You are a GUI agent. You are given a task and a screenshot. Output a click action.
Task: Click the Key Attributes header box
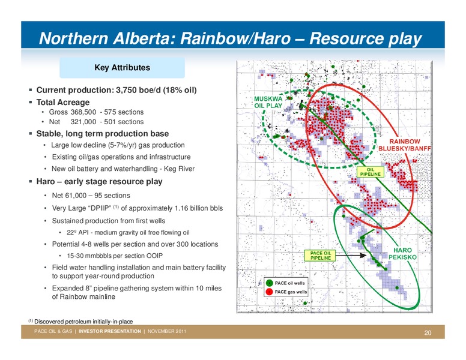[x=122, y=68]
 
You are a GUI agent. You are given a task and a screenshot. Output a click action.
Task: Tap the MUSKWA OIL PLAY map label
[x=268, y=102]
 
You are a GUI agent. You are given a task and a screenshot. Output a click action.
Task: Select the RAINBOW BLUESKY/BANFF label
[x=405, y=145]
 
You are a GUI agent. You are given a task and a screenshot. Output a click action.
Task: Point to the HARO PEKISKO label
[x=403, y=254]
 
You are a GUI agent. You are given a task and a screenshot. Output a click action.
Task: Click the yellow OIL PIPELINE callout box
[x=371, y=172]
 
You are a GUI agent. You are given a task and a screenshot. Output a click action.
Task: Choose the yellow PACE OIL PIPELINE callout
[x=321, y=256]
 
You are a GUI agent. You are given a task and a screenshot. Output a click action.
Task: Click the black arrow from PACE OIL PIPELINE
[x=351, y=255]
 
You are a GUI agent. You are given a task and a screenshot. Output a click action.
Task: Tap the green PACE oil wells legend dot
[x=269, y=283]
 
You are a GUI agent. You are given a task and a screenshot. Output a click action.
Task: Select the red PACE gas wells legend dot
[x=269, y=292]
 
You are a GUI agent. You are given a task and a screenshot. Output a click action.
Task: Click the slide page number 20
[x=428, y=332]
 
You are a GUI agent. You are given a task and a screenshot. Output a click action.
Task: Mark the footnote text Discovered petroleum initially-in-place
[x=83, y=322]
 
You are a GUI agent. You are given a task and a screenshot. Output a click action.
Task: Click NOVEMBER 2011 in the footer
[x=167, y=331]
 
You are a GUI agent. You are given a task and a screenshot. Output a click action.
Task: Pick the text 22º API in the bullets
[x=77, y=233]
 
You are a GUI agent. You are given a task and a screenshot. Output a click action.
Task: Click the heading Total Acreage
[x=62, y=102]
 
